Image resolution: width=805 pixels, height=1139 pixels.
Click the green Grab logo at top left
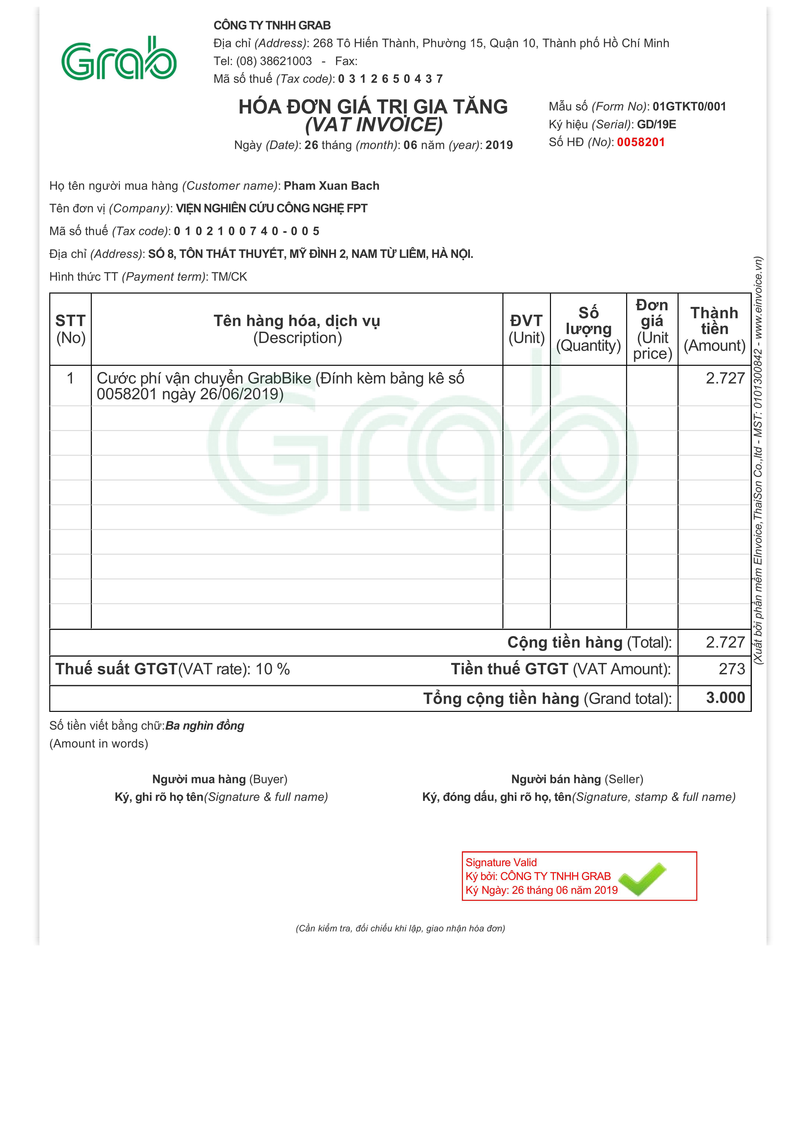(x=119, y=59)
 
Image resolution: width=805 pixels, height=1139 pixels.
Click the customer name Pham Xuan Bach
(x=332, y=186)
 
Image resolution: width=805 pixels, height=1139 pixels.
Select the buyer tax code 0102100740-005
(x=247, y=231)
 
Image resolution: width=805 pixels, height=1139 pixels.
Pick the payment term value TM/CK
(x=229, y=277)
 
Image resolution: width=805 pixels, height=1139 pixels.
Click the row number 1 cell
(x=71, y=378)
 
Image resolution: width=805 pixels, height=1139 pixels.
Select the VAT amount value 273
(x=732, y=669)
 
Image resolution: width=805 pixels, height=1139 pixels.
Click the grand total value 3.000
(x=725, y=698)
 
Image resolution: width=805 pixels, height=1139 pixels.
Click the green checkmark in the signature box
(x=643, y=879)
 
